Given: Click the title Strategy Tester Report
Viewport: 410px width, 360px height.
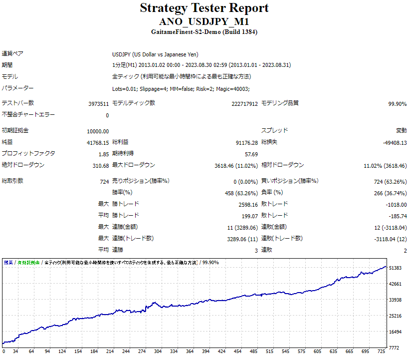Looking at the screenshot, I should [204, 8].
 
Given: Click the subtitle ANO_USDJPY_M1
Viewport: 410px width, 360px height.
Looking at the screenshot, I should [204, 22].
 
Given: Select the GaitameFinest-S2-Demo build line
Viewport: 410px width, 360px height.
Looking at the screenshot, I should [204, 32].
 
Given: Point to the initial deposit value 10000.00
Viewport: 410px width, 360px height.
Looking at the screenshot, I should [98, 131].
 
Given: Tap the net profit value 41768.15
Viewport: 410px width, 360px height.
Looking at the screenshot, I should [98, 143].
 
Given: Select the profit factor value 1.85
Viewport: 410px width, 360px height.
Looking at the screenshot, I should [104, 154].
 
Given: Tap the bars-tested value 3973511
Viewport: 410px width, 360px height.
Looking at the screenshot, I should [98, 104].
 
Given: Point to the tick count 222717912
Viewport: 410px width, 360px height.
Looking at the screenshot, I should [245, 104].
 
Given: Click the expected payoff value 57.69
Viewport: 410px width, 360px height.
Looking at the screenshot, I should [251, 154].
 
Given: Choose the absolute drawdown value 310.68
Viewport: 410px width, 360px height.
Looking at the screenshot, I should [100, 166].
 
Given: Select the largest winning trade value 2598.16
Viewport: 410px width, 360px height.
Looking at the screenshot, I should [248, 204].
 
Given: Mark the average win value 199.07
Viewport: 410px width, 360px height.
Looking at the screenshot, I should [250, 216].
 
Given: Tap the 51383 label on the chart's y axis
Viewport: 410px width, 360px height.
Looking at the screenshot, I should [395, 268].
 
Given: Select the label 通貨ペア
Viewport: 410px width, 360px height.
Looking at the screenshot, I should [12, 54].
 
